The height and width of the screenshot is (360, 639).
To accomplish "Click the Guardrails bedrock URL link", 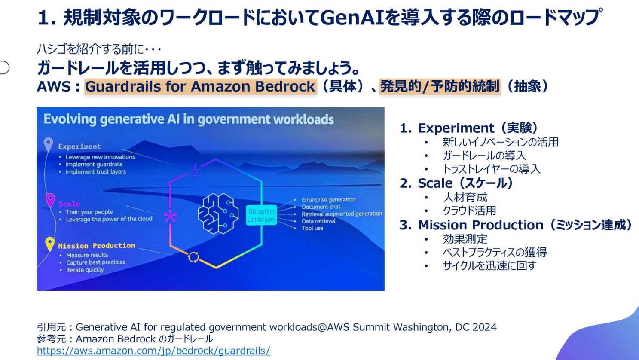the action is (x=153, y=351).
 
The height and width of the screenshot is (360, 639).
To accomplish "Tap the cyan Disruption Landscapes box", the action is (x=261, y=215).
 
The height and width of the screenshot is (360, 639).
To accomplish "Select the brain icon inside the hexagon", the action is (x=218, y=214).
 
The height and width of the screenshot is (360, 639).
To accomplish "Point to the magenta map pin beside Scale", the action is (x=50, y=200).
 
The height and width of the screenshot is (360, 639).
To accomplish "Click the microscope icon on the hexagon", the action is (x=195, y=169).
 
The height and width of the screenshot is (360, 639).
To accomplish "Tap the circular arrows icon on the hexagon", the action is (x=193, y=257).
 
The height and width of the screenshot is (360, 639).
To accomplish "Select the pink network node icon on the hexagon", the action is (x=170, y=216).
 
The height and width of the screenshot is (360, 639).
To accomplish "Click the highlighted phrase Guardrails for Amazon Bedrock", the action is (x=200, y=86).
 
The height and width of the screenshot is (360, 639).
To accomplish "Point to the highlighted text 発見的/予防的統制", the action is (x=440, y=86).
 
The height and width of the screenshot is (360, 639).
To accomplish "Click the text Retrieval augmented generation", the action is (x=342, y=214).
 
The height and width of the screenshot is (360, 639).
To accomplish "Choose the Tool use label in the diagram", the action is (x=312, y=228).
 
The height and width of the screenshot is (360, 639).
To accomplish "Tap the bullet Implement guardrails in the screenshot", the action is (x=94, y=164).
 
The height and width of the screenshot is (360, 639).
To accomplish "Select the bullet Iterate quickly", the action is (x=85, y=270).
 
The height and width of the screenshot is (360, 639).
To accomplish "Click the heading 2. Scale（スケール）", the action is (x=457, y=183).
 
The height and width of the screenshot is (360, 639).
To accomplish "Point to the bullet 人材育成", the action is (x=465, y=197).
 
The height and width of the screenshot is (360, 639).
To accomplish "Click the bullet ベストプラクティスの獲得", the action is (x=495, y=252).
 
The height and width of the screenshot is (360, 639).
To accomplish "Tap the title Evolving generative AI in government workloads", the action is (x=189, y=119).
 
